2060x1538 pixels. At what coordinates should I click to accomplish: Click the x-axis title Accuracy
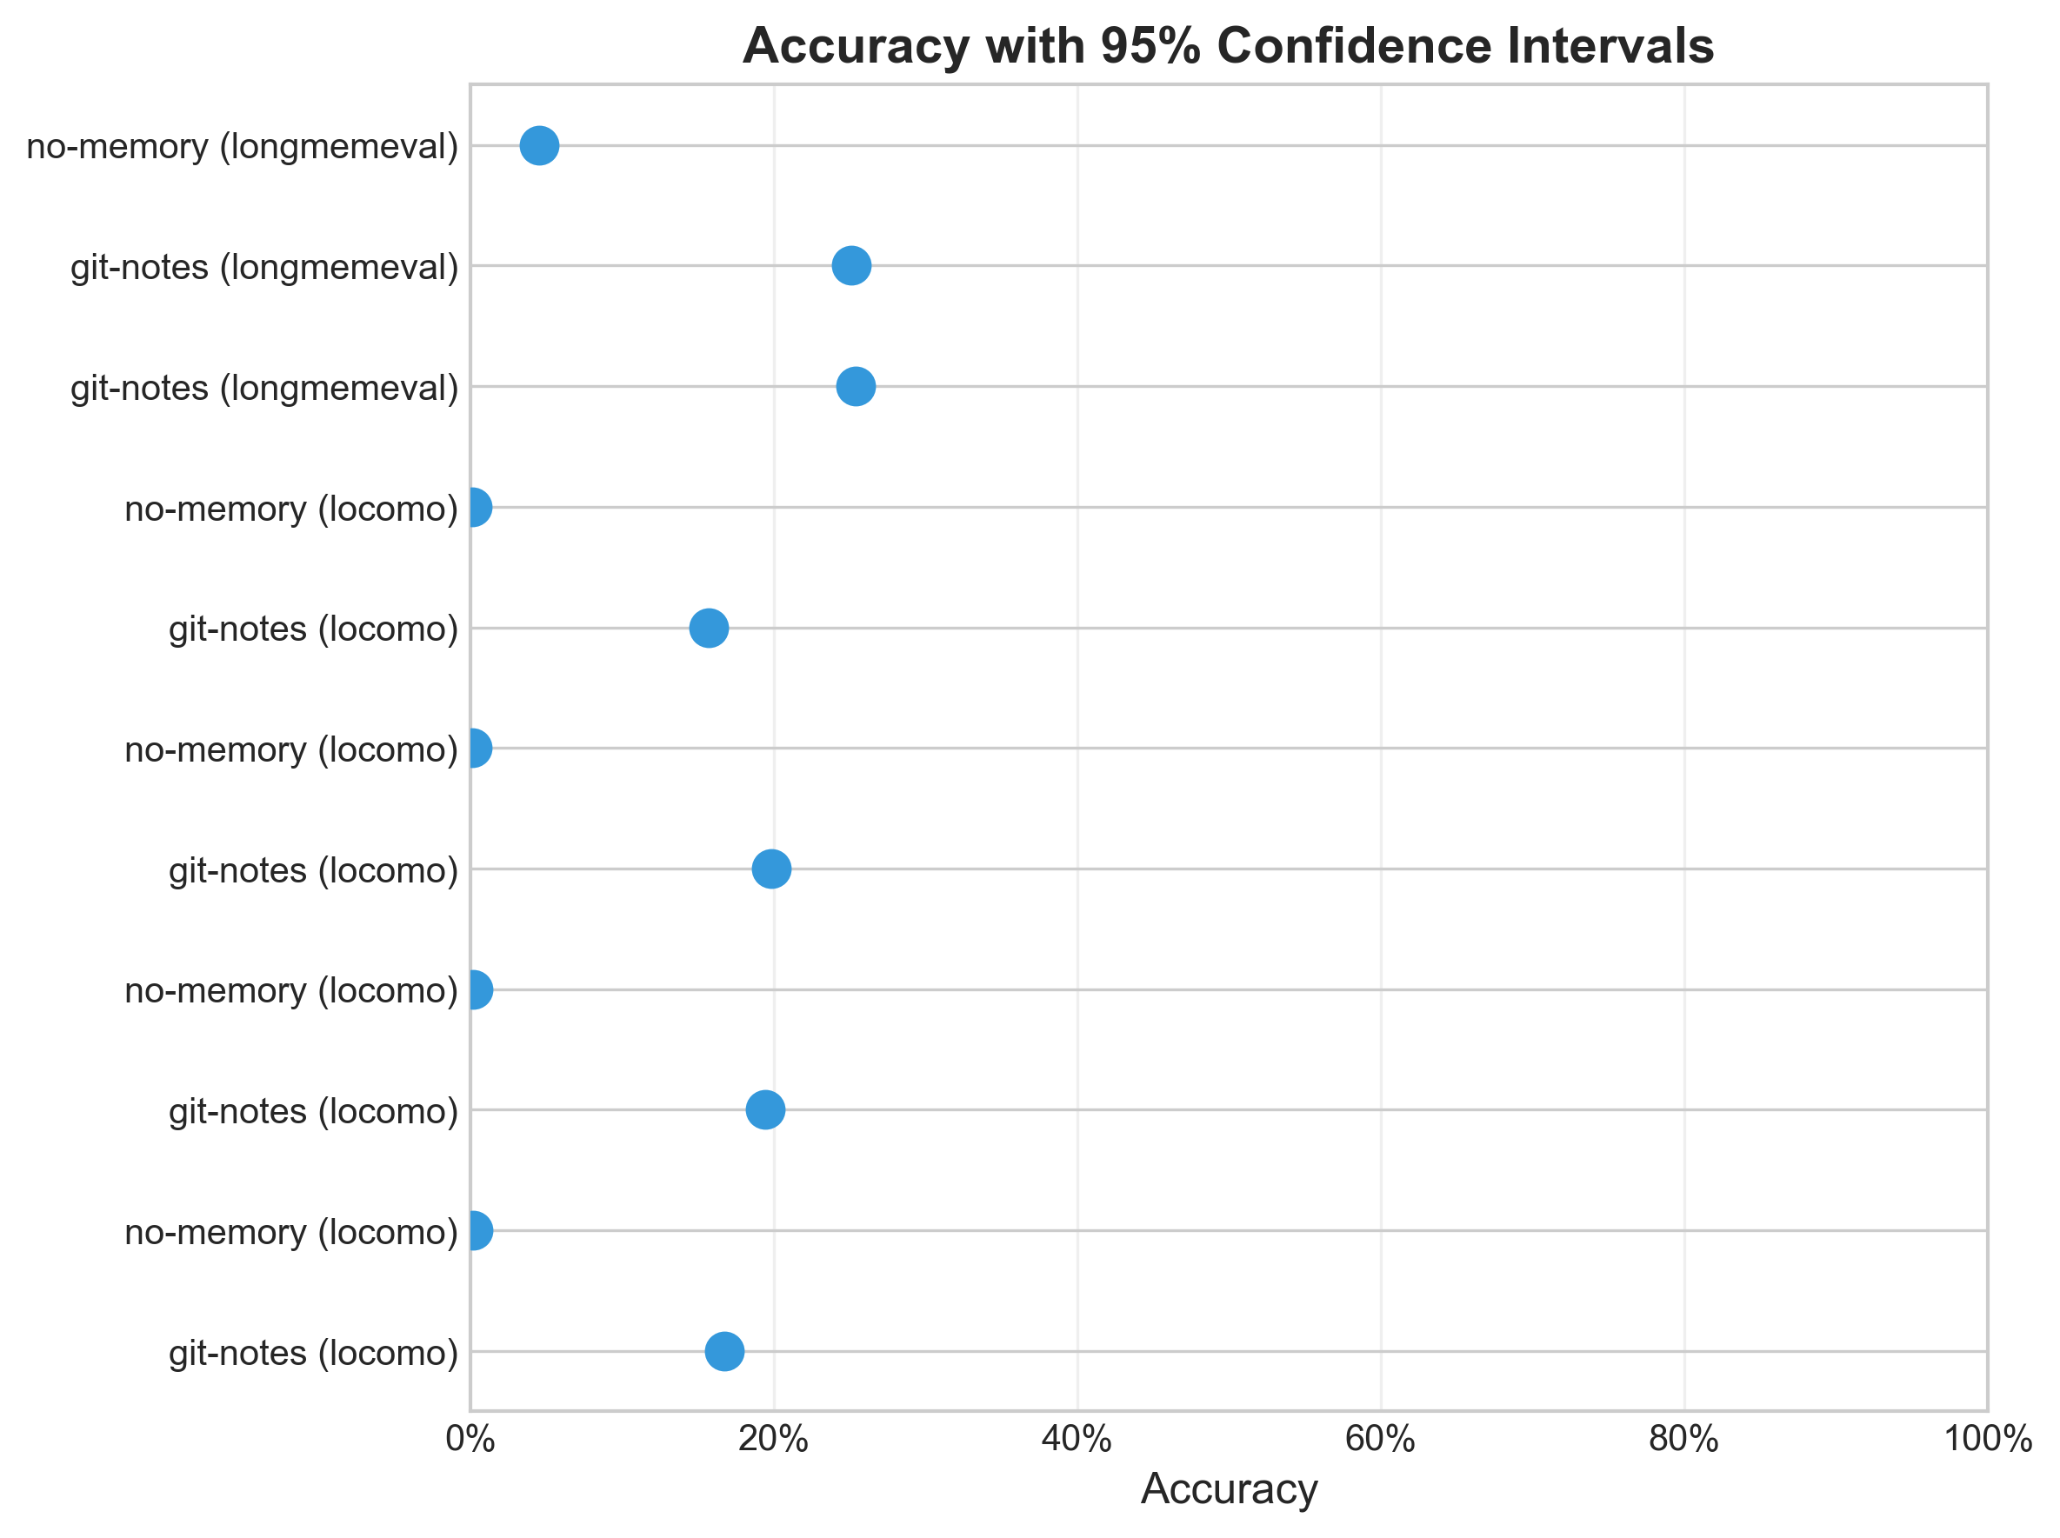(x=1229, y=1488)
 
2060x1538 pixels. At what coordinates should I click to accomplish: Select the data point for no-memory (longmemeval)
(x=539, y=146)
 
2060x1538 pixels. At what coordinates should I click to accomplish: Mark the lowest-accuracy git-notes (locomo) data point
(x=709, y=629)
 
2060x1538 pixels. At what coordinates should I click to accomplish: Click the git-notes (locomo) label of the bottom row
(x=314, y=1353)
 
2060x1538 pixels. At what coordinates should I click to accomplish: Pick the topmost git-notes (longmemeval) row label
(x=265, y=267)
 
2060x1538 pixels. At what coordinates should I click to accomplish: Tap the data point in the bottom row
(x=724, y=1352)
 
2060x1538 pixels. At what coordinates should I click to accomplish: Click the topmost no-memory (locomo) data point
(x=474, y=508)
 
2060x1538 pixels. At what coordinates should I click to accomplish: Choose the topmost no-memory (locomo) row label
(x=291, y=509)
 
